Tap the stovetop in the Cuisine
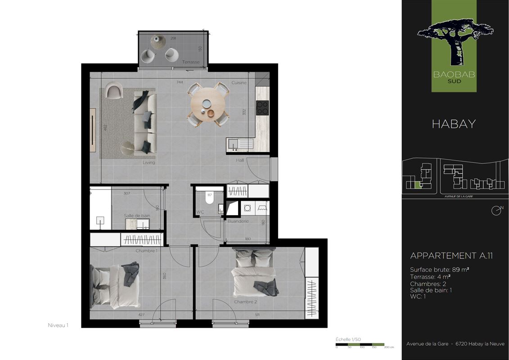(x=262, y=108)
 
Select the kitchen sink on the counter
(x=240, y=144)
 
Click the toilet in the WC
(x=209, y=198)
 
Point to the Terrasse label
(x=191, y=62)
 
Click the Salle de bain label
(x=137, y=216)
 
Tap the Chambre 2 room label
(x=245, y=302)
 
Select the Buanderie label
(x=238, y=221)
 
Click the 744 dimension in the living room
(x=180, y=82)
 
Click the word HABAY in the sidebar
(x=454, y=124)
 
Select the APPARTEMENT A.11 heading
(x=451, y=256)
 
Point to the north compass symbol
(x=496, y=210)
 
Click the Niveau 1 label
(x=58, y=325)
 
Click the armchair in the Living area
(x=114, y=90)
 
